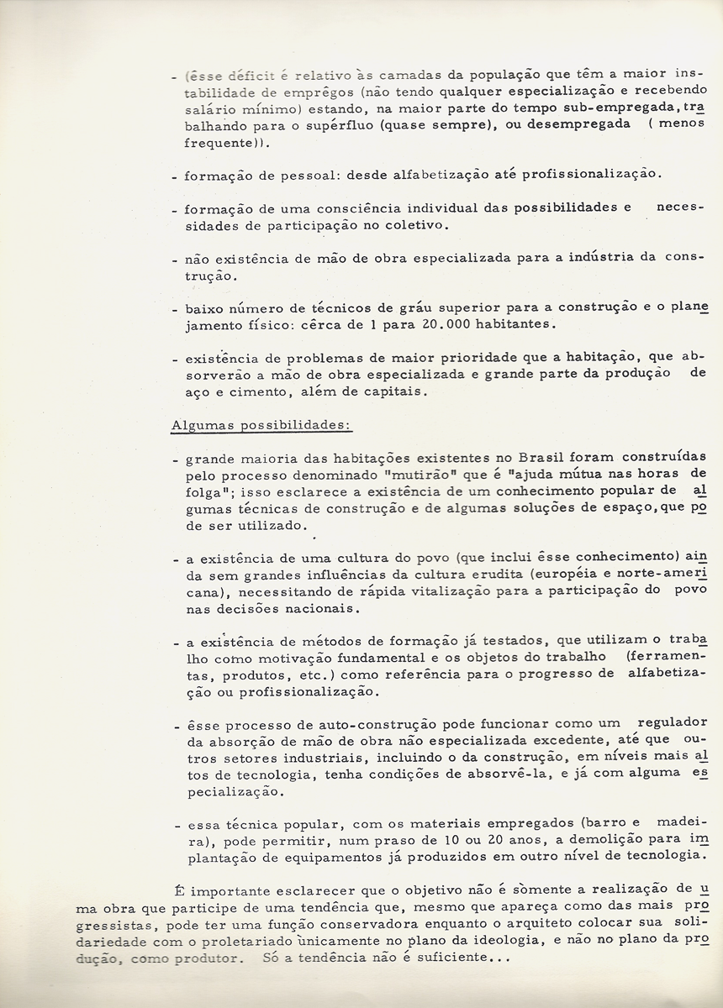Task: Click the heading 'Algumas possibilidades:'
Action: [261, 425]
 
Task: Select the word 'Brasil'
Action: [542, 457]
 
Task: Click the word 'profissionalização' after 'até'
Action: [591, 175]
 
